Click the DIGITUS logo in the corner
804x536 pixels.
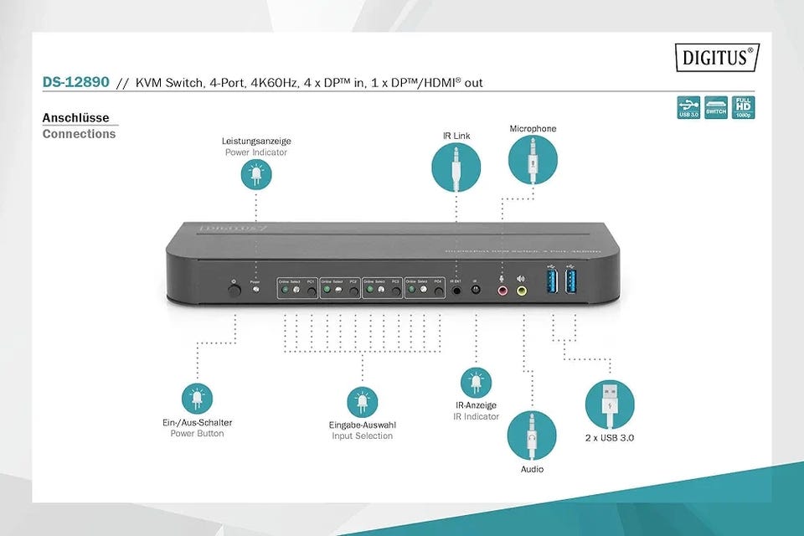pos(717,58)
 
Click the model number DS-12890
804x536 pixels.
pos(75,82)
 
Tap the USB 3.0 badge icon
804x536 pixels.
pos(688,107)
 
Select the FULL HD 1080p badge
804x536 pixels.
pos(743,107)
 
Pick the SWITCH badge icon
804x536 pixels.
pos(716,107)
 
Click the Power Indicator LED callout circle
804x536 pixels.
pos(256,174)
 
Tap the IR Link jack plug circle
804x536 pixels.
pos(456,167)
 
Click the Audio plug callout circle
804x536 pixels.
pos(532,435)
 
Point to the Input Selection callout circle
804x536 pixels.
pos(362,402)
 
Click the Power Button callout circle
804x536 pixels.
pos(197,399)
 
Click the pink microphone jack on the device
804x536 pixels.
pos(503,291)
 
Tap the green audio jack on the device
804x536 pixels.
pos(522,291)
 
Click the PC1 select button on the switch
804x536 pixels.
pos(312,291)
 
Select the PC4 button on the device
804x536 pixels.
pos(439,291)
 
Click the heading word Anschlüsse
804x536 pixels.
pos(75,118)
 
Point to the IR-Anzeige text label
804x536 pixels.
pos(476,405)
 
